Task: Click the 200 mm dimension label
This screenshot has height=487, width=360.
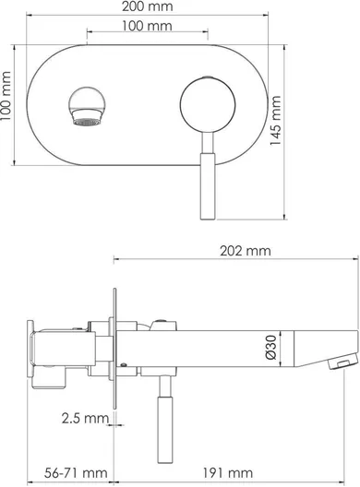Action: (147, 6)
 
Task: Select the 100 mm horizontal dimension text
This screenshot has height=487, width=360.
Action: (147, 26)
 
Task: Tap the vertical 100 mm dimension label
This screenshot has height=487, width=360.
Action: (6, 96)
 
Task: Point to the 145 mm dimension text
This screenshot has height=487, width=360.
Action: (275, 120)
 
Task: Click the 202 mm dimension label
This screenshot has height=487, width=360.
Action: (246, 251)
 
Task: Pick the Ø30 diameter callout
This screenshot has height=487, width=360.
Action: (271, 347)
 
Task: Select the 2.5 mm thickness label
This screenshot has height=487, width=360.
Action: (85, 418)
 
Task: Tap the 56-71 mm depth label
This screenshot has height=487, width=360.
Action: (76, 473)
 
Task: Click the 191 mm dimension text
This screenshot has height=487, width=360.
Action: (228, 473)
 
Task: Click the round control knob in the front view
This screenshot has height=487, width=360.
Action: (208, 104)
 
